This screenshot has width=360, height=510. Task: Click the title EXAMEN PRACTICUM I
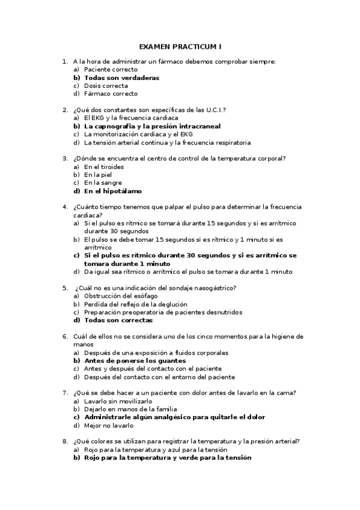tap(180, 46)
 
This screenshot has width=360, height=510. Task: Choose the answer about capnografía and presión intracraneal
tap(152, 126)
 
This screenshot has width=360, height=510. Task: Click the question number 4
tap(64, 207)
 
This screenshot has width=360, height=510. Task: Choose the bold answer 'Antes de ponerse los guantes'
tap(135, 361)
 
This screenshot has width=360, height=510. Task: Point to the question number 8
tap(64, 441)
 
